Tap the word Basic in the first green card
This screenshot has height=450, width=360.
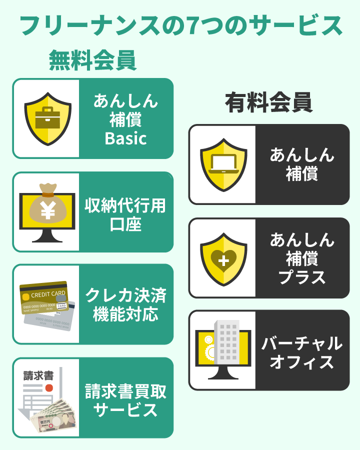(x=125, y=138)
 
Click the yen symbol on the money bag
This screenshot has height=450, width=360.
(x=48, y=211)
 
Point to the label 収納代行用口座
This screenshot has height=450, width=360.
(x=125, y=214)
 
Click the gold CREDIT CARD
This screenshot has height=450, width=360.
(x=44, y=298)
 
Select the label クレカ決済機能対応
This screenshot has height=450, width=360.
(x=125, y=304)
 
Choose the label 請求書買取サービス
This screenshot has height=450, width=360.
(x=125, y=400)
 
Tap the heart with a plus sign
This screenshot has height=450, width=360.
(x=223, y=259)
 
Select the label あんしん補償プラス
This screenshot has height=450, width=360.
(x=302, y=258)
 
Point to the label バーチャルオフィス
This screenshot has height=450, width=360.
(x=302, y=352)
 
